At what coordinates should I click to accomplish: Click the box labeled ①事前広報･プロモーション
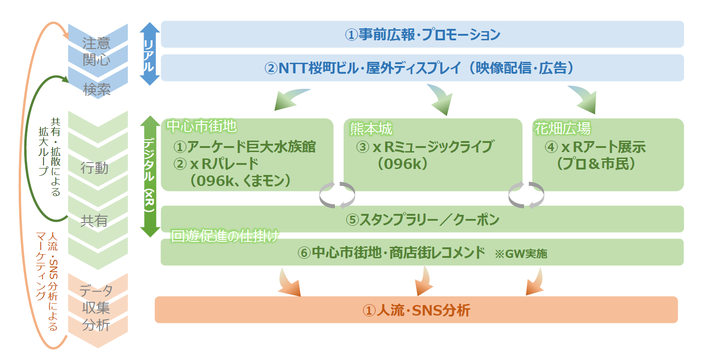click(422, 34)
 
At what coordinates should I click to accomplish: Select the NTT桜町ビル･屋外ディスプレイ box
click(422, 68)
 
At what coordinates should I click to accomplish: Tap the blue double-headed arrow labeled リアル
click(149, 54)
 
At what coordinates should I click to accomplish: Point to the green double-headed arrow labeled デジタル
click(149, 176)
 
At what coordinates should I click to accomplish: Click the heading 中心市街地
click(202, 126)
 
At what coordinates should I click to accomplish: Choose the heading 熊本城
click(371, 129)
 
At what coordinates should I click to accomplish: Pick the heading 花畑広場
click(563, 128)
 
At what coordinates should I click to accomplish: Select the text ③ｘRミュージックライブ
click(425, 147)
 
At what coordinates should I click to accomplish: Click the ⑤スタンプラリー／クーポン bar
click(422, 219)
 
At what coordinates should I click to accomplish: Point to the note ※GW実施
click(521, 254)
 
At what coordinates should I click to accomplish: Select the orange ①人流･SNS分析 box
click(416, 310)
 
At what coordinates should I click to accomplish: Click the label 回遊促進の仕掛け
click(224, 236)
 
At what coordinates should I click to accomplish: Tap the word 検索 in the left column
click(97, 89)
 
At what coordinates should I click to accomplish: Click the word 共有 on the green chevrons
click(94, 221)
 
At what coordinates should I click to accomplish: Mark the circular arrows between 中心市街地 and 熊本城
click(337, 195)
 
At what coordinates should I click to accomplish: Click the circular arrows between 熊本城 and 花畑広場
click(526, 195)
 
